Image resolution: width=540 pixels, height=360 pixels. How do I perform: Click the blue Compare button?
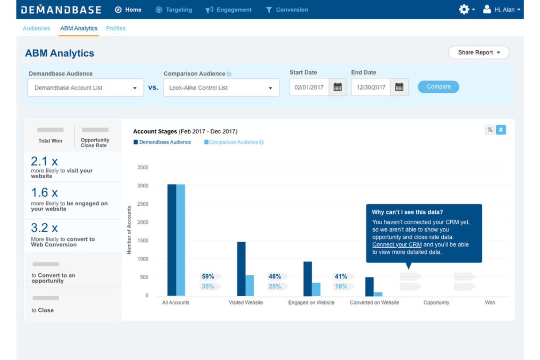pyautogui.click(x=438, y=87)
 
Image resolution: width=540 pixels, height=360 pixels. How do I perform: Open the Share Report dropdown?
pyautogui.click(x=478, y=53)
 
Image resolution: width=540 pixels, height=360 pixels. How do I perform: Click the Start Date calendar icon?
pyautogui.click(x=337, y=88)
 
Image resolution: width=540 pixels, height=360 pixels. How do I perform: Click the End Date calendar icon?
pyautogui.click(x=399, y=88)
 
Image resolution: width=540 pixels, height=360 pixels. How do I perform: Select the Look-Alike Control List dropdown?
pyautogui.click(x=221, y=88)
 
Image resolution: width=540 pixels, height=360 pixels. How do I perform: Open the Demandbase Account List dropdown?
pyautogui.click(x=85, y=88)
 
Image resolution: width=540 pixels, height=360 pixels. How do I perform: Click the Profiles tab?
pyautogui.click(x=116, y=28)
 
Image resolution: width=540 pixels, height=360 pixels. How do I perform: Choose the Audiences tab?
pyautogui.click(x=36, y=28)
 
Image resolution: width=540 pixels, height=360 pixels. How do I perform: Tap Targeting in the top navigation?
pyautogui.click(x=174, y=10)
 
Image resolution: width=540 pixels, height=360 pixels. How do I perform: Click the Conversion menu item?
pyautogui.click(x=287, y=10)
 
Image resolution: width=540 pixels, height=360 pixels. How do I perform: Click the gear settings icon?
pyautogui.click(x=464, y=9)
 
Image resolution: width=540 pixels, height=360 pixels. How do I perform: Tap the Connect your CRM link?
pyautogui.click(x=397, y=245)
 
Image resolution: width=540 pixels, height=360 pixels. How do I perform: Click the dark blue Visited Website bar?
pyautogui.click(x=241, y=269)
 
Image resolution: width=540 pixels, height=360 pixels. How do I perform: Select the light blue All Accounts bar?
pyautogui.click(x=181, y=240)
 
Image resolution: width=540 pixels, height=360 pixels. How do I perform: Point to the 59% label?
pyautogui.click(x=208, y=276)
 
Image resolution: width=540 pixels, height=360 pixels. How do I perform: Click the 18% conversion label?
pyautogui.click(x=341, y=286)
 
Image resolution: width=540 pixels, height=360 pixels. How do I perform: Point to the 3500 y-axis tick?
pyautogui.click(x=143, y=167)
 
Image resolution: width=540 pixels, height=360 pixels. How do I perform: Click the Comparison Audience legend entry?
pyautogui.click(x=234, y=142)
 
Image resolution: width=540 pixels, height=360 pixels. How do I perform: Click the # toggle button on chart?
pyautogui.click(x=501, y=130)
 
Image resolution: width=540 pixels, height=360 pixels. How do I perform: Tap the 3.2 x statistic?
pyautogui.click(x=44, y=228)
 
